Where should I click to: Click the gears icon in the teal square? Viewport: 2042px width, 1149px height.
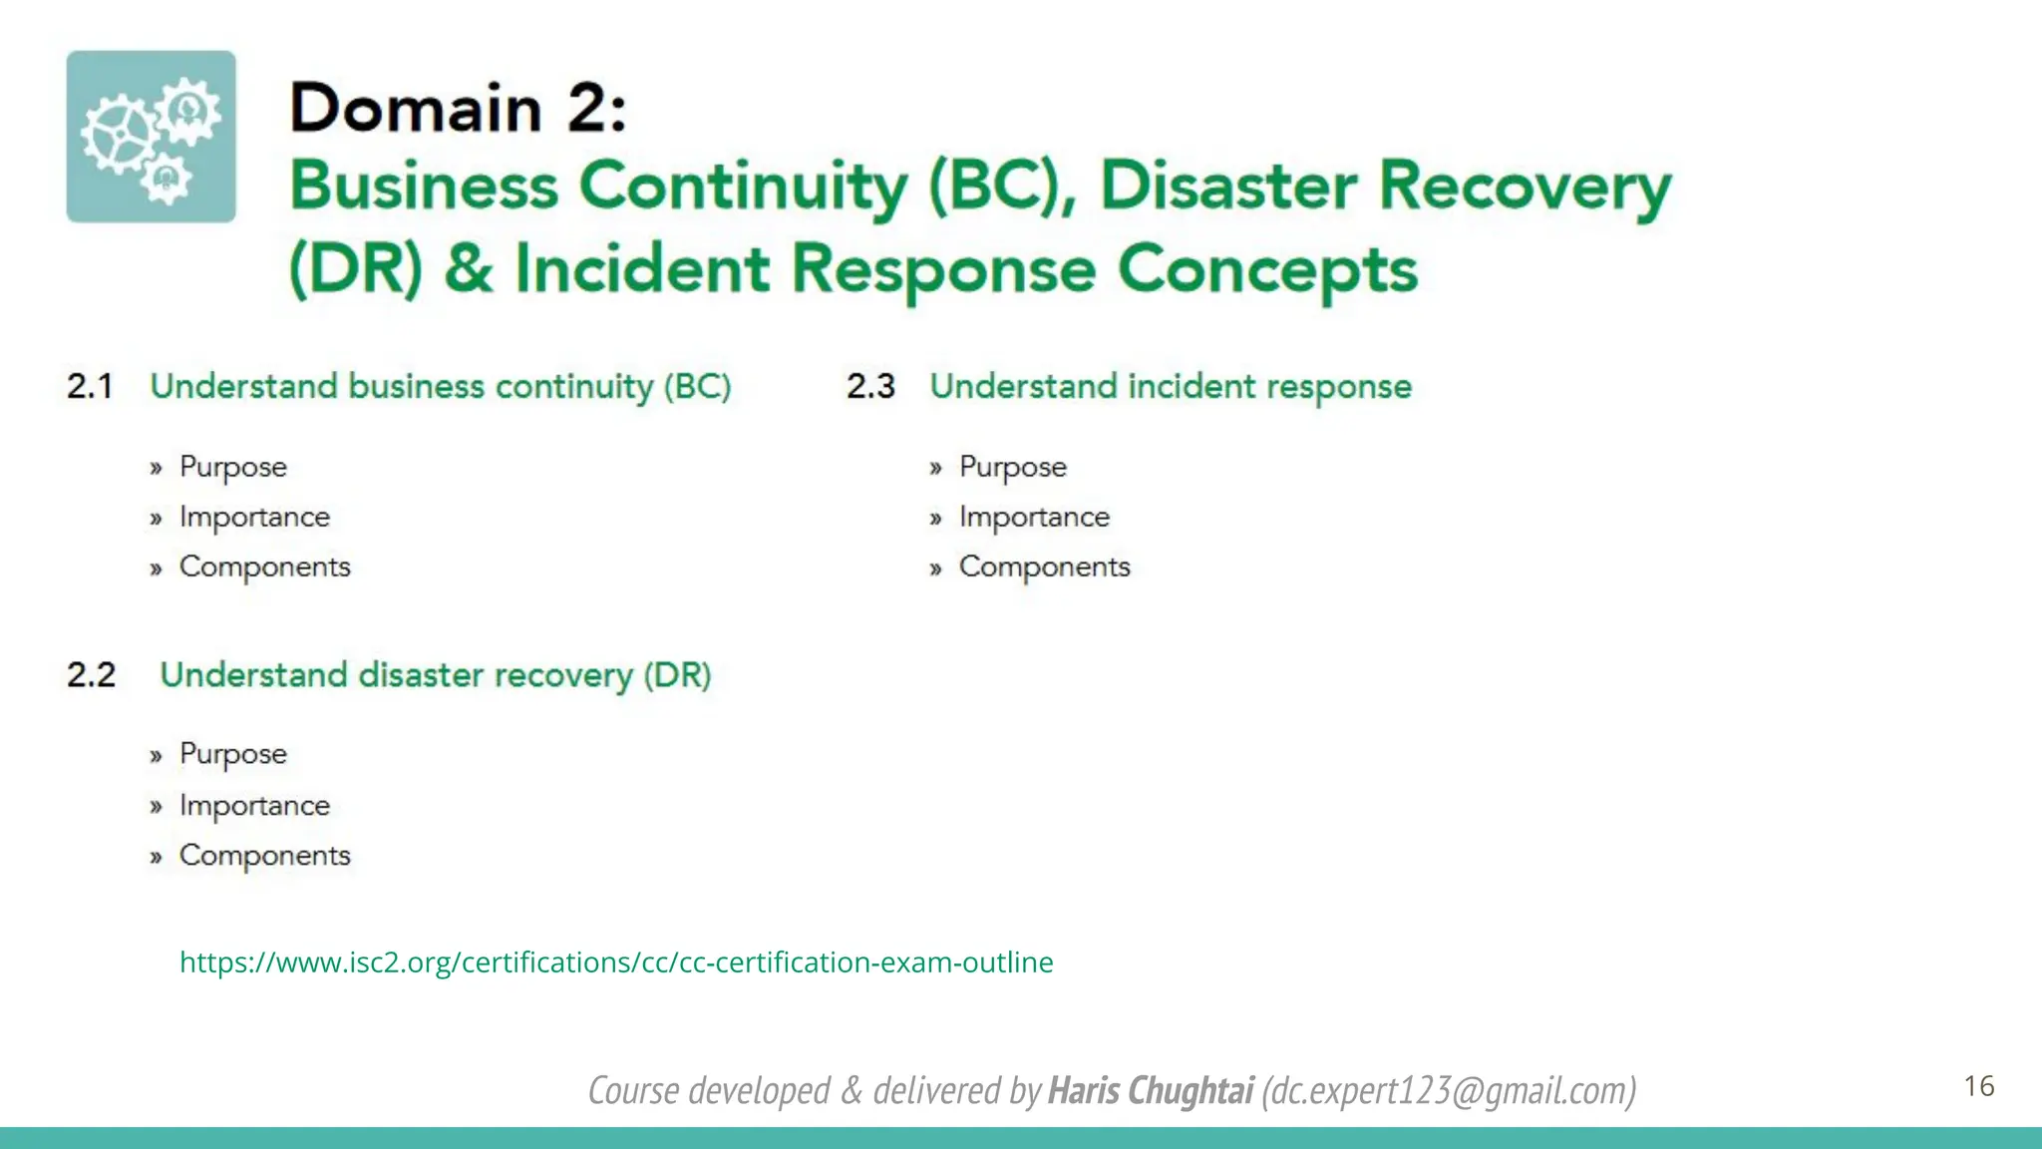point(151,137)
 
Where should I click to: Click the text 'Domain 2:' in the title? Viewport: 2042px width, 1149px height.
point(458,108)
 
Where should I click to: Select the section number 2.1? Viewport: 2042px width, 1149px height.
point(90,386)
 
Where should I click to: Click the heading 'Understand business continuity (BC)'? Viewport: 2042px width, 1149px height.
point(440,386)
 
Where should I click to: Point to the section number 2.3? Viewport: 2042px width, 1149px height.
point(870,386)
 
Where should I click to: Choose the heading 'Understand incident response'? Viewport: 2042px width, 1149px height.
point(1171,386)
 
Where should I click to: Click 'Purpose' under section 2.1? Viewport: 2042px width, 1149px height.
point(232,467)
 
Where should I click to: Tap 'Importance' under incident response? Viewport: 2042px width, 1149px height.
point(1034,517)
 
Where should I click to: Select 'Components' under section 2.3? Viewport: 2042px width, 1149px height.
point(1044,567)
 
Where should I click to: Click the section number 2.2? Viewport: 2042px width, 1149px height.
point(91,674)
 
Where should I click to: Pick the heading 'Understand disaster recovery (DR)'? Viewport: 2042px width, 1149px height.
point(435,674)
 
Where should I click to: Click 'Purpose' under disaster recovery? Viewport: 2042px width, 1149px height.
point(232,754)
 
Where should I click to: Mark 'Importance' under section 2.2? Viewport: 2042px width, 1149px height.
point(254,805)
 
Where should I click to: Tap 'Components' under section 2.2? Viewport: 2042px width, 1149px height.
point(264,855)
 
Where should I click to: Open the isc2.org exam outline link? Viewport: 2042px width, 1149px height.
point(615,961)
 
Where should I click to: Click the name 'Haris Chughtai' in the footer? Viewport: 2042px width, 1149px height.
point(1150,1090)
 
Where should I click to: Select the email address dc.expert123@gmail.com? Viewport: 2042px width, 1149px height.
point(1449,1090)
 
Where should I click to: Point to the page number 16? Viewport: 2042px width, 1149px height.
point(1978,1085)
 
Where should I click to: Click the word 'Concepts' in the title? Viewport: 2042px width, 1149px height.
point(1266,269)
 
